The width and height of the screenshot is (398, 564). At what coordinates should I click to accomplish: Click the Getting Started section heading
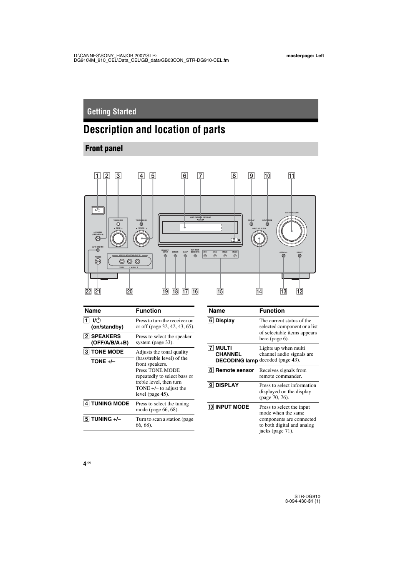[112, 111]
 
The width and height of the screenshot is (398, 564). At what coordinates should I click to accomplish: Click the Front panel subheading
[104, 149]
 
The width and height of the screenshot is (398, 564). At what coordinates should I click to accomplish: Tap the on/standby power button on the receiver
[98, 210]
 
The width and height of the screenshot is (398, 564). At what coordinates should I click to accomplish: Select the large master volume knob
[292, 231]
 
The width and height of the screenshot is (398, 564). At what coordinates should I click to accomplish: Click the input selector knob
[259, 238]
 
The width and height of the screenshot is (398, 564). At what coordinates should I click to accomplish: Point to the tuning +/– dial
[141, 239]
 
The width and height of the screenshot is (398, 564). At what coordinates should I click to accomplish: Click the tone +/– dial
[118, 238]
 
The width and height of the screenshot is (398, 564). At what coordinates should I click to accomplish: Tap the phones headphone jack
[98, 262]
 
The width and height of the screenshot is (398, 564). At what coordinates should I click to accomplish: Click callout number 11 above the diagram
[292, 176]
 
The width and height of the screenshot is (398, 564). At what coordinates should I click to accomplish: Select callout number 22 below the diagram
[88, 291]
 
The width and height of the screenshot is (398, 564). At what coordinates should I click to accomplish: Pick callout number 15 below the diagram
[220, 291]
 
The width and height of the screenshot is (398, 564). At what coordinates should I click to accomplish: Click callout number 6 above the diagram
[184, 176]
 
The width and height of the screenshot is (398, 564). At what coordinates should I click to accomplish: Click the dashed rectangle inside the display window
[201, 228]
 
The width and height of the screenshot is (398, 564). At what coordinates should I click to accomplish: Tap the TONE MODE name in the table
[107, 352]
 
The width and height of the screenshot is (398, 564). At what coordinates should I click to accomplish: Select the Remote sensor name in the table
[234, 370]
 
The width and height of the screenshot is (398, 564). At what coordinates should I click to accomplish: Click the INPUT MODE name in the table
[232, 407]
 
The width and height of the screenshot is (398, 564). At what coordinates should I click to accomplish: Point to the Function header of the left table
[149, 311]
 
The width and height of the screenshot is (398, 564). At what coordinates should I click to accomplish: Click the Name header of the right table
[217, 311]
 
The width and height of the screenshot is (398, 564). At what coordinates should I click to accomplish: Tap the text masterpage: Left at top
[305, 56]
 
